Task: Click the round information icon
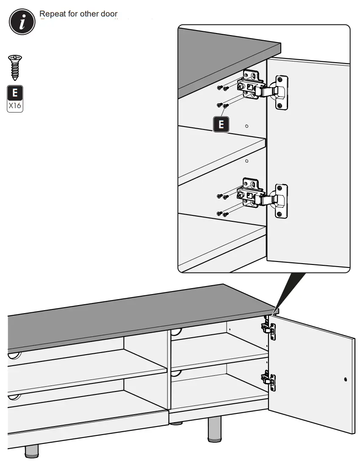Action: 22,22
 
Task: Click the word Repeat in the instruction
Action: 52,14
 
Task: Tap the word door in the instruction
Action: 109,14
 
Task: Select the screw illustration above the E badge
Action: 15,67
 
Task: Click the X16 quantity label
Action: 15,105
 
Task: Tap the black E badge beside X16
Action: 15,93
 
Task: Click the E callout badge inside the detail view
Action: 221,124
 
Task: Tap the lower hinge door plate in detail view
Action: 281,201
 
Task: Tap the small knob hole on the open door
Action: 346,379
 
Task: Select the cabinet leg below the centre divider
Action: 215,428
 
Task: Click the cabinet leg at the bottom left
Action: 31,451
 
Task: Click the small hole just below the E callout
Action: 247,126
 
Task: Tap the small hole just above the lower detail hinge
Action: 247,161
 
